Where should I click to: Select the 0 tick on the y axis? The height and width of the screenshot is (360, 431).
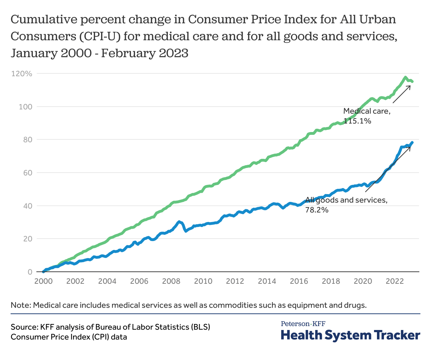click(30, 272)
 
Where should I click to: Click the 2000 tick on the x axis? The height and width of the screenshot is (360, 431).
click(43, 281)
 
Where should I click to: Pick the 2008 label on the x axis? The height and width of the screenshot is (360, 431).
click(171, 281)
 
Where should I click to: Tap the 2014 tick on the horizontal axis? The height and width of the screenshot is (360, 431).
click(267, 281)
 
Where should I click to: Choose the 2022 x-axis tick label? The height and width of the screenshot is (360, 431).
click(395, 281)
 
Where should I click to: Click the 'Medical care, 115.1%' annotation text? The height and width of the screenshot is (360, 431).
click(367, 116)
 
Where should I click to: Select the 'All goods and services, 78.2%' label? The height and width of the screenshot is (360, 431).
click(346, 205)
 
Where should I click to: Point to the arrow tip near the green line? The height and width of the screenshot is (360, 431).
click(410, 85)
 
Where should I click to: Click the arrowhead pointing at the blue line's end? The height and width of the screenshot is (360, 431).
click(411, 146)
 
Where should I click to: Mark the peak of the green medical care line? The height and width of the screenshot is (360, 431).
click(405, 77)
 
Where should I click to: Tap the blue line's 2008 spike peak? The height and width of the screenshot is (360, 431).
click(179, 222)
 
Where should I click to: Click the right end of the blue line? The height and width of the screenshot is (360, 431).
click(412, 142)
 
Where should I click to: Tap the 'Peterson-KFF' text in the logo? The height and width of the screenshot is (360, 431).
click(303, 323)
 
